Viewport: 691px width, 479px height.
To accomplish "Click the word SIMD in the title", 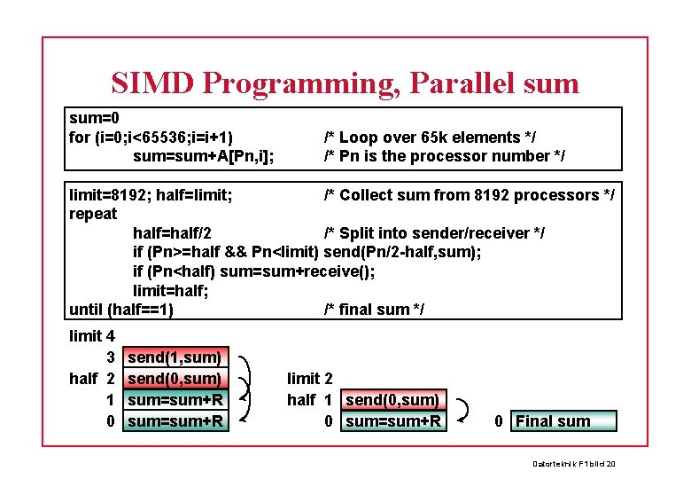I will click(x=152, y=82).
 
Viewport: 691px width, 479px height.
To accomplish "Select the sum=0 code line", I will click(x=94, y=118).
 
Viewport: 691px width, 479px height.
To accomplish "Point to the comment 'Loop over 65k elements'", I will click(x=430, y=137).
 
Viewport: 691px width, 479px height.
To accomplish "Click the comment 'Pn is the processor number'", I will click(x=444, y=156).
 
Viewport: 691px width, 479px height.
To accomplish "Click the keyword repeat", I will click(x=93, y=214).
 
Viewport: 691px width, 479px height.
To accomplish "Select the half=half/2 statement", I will click(x=172, y=233).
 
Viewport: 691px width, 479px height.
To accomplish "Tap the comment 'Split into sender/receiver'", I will click(x=434, y=233).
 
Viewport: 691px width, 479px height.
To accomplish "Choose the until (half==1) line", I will click(x=120, y=310).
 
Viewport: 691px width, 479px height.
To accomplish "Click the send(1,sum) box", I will click(x=175, y=357).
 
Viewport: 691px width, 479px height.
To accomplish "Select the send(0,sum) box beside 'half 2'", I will click(x=175, y=379).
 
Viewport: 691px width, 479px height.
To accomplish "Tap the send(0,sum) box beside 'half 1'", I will click(x=392, y=400).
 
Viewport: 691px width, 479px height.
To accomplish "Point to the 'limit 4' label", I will click(x=91, y=336).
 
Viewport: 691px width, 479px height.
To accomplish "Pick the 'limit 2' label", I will click(x=309, y=379).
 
